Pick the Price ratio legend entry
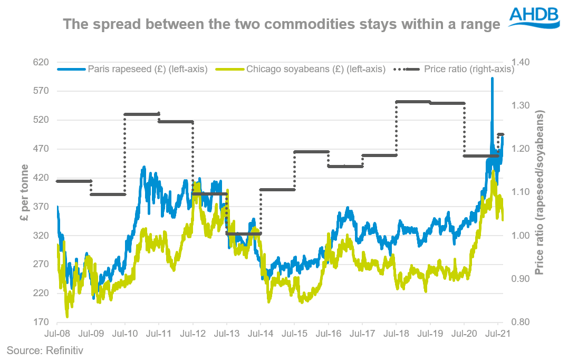(x=469, y=69)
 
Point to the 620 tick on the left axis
(x=41, y=62)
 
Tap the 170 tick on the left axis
(x=41, y=322)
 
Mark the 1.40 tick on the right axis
(x=517, y=62)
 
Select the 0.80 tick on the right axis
(x=517, y=322)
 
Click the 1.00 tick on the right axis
(x=517, y=236)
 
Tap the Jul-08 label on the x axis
(x=57, y=334)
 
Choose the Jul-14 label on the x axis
(x=261, y=334)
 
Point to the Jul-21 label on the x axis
(x=497, y=334)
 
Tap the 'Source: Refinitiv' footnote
(x=45, y=349)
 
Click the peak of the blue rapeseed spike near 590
(x=492, y=79)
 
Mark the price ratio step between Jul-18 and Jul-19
(x=412, y=102)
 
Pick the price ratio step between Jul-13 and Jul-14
(x=244, y=233)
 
